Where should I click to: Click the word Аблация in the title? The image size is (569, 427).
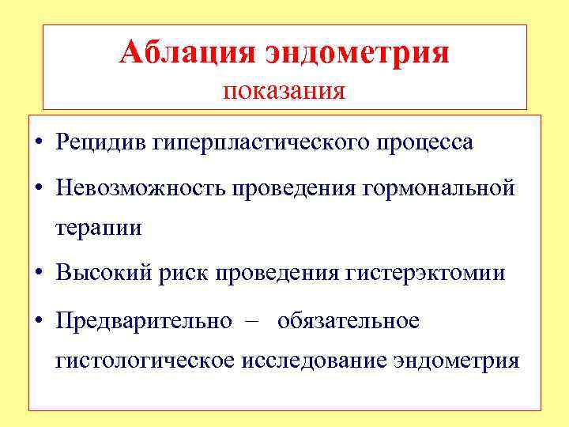(x=187, y=53)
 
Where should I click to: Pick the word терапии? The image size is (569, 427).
(x=98, y=229)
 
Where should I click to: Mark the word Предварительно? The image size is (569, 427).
(x=144, y=320)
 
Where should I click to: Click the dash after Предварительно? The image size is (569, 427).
(x=252, y=320)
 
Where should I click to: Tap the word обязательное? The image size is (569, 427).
(x=349, y=320)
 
